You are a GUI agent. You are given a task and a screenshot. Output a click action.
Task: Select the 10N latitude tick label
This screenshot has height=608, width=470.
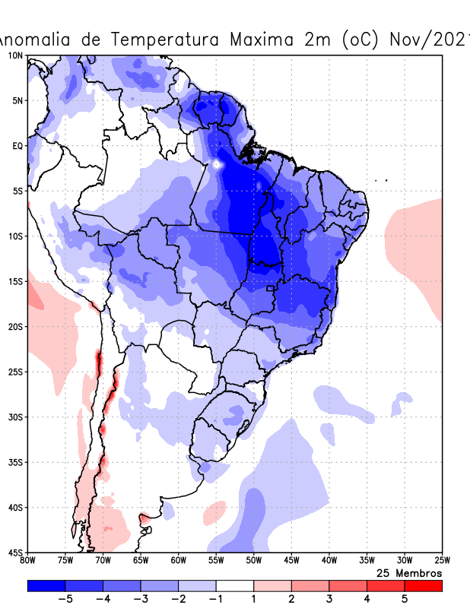[x=15, y=55]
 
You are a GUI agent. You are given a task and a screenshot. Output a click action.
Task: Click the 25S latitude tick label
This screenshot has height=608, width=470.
[x=15, y=372]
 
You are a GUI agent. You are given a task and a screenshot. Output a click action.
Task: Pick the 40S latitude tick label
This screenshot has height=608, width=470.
[x=15, y=507]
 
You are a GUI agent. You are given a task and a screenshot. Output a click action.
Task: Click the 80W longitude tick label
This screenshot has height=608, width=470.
[x=28, y=561]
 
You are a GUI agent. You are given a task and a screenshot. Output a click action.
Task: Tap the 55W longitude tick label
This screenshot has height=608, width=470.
[x=216, y=561]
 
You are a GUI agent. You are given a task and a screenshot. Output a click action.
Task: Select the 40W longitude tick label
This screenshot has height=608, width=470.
[x=329, y=561]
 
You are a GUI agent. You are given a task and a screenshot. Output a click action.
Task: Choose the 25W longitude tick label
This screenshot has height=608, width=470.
[x=442, y=561]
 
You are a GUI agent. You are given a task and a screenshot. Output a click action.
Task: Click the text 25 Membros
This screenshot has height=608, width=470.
[x=409, y=572]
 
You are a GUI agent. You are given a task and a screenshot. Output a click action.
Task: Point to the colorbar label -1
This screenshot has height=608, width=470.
[x=215, y=599]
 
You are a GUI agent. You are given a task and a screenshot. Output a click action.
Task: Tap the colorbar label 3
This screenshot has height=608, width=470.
[x=329, y=599]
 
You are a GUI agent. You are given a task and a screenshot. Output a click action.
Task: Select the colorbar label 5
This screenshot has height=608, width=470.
[x=404, y=599]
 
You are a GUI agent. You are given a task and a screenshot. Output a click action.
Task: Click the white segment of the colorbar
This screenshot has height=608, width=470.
[x=235, y=586]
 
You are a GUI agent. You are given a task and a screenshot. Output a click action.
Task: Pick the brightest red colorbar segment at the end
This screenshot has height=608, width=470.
[x=423, y=586]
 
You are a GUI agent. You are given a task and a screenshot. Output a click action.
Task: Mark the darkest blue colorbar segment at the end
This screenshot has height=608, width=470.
[x=46, y=586]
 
